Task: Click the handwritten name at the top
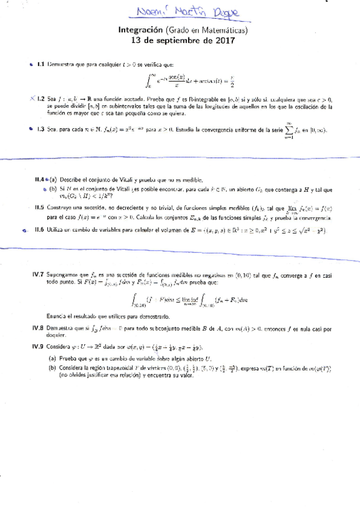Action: (x=179, y=13)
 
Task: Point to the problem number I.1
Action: (x=41, y=64)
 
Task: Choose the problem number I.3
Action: (x=41, y=128)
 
